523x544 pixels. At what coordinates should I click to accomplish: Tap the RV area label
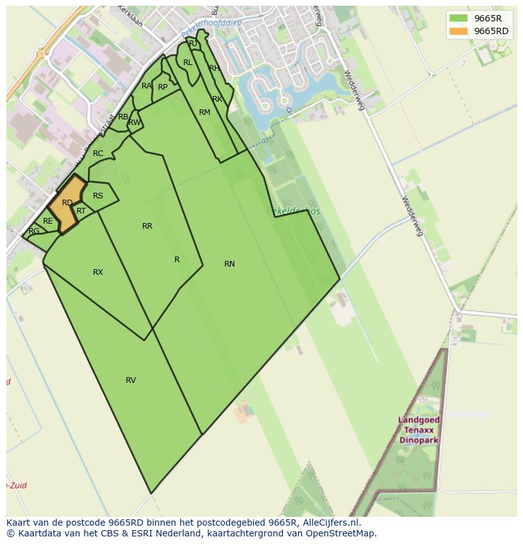tap(131, 380)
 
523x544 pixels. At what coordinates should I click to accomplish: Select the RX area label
tap(98, 272)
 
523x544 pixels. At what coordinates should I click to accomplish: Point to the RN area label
tap(229, 264)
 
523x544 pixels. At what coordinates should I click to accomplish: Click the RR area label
tap(147, 226)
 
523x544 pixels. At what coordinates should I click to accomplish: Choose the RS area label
tap(98, 196)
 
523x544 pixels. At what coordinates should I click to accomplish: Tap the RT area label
tap(81, 211)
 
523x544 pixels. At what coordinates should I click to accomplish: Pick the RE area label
tap(48, 221)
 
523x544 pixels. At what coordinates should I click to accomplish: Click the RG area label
tap(34, 231)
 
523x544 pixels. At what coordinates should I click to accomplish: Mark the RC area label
tap(98, 154)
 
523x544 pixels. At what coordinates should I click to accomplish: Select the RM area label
tap(205, 112)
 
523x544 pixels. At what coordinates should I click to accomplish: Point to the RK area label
tap(217, 99)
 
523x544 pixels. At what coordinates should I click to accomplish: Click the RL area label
tap(188, 63)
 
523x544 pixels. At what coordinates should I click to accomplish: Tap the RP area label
tap(163, 87)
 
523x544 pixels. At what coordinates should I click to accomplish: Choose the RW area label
tap(135, 123)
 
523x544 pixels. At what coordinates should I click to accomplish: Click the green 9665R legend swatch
tap(459, 18)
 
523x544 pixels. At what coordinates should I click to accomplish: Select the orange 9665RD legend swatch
tap(459, 31)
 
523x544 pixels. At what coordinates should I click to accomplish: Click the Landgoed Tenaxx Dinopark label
tap(419, 430)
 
